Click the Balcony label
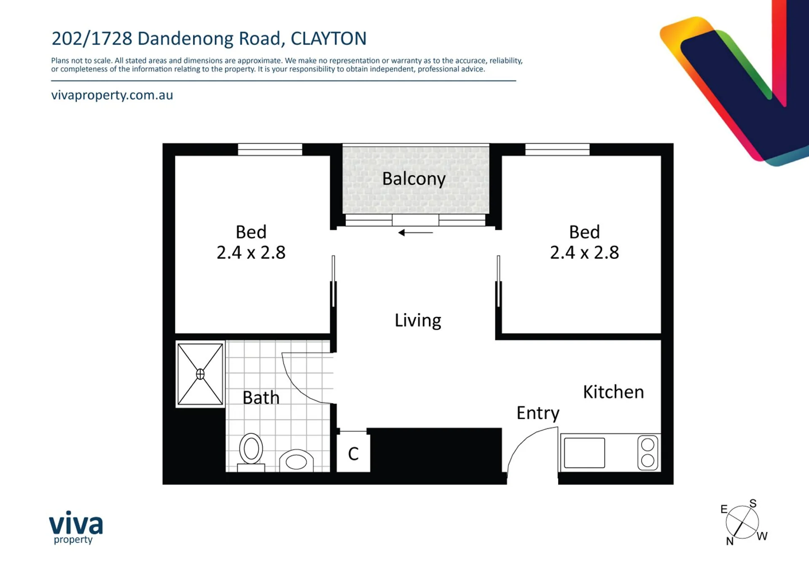[414, 179]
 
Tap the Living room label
[418, 320]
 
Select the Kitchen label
[613, 392]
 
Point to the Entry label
[538, 413]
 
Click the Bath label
[261, 397]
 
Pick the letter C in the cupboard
[353, 454]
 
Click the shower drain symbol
[200, 374]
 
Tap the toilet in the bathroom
[251, 452]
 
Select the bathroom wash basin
[296, 461]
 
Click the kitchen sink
[584, 453]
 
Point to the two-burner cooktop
[648, 453]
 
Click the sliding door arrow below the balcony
[416, 232]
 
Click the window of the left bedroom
[270, 149]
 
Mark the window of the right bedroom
[557, 149]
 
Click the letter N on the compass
[730, 541]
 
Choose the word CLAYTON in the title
[329, 38]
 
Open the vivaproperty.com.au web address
[112, 95]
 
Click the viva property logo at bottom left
[76, 527]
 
